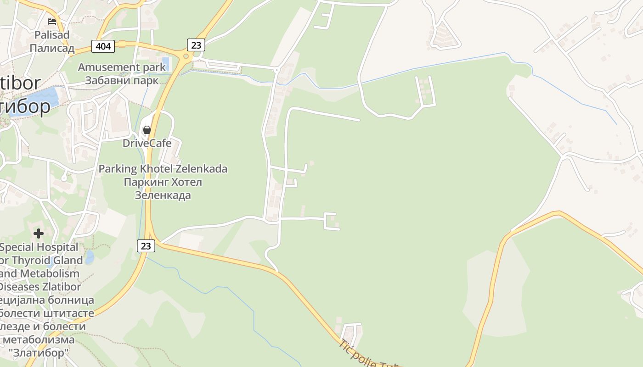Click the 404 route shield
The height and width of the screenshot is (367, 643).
coord(104,46)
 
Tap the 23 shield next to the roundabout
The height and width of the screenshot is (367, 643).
coord(196,45)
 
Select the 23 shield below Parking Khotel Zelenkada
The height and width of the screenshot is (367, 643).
coord(146,246)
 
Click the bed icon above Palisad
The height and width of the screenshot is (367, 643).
coord(52,21)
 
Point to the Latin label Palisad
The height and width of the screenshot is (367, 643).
coord(52,35)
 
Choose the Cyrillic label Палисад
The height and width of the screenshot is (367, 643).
coord(52,48)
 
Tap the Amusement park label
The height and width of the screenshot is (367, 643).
coord(122,67)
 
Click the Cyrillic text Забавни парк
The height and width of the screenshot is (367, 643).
coord(122,80)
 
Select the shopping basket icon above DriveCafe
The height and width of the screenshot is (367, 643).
coord(147,130)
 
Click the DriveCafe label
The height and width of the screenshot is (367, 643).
coord(147,143)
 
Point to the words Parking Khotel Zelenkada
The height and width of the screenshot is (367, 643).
coord(163,169)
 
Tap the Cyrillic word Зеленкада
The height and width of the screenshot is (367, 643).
coord(163,195)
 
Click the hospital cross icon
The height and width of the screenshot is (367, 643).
coord(39,234)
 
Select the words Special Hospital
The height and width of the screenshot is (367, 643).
coord(39,247)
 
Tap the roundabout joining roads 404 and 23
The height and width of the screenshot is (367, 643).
coord(186,57)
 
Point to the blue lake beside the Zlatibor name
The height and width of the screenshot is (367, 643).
coord(46,97)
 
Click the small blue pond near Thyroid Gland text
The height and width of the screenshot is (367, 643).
coord(90,256)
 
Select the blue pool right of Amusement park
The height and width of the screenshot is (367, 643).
coord(166,64)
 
